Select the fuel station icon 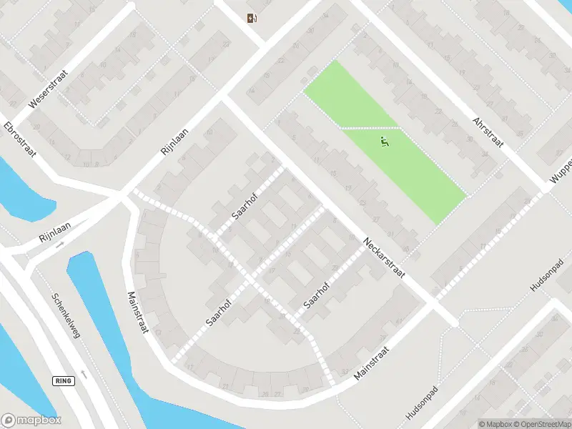click(x=251, y=19)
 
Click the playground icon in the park click(x=385, y=143)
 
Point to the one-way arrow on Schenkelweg click(x=85, y=374)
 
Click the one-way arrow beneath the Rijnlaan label click(x=60, y=245)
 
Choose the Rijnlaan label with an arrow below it click(x=58, y=232)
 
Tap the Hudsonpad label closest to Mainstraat click(x=421, y=405)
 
